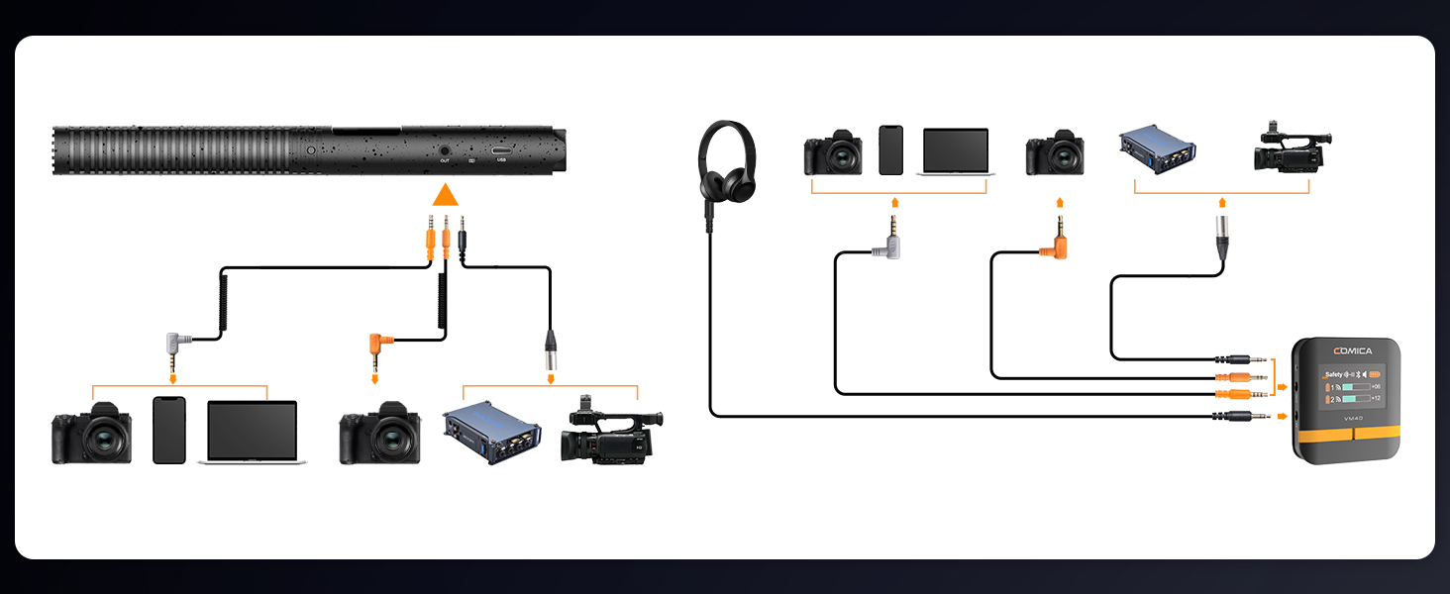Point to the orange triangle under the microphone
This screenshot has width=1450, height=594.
pyautogui.click(x=446, y=195)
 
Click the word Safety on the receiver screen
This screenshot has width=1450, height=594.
pyautogui.click(x=1333, y=374)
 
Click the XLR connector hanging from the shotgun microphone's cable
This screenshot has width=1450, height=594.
pyautogui.click(x=550, y=349)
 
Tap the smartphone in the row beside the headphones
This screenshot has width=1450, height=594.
pyautogui.click(x=890, y=150)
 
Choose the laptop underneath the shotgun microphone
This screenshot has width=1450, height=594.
pyautogui.click(x=252, y=433)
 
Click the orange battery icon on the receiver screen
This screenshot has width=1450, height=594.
pyautogui.click(x=1374, y=374)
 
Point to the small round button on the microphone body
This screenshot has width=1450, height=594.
pyautogui.click(x=311, y=150)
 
